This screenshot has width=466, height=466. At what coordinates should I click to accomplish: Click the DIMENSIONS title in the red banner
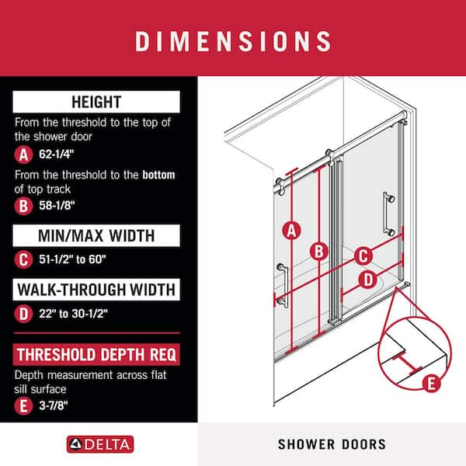tap(233, 41)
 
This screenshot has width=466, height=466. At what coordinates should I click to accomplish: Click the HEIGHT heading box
tap(96, 102)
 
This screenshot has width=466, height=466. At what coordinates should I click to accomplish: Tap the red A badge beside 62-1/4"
tap(23, 155)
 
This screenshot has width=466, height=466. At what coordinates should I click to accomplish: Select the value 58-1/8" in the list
tap(57, 205)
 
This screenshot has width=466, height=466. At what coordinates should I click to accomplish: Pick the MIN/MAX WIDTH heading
tap(96, 235)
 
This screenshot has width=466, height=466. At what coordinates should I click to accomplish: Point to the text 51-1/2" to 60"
tap(72, 259)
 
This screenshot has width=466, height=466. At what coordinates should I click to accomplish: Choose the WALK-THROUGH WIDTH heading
tap(96, 290)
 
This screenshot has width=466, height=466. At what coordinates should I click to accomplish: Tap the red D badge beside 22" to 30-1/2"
tap(23, 314)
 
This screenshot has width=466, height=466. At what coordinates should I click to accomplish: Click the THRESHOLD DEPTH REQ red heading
tap(96, 355)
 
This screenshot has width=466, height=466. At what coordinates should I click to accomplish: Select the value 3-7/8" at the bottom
tap(54, 405)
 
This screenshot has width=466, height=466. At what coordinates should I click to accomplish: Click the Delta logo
tap(100, 444)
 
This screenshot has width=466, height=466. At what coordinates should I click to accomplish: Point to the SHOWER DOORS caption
tap(332, 444)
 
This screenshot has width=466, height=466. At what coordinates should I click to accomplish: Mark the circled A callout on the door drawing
tap(291, 231)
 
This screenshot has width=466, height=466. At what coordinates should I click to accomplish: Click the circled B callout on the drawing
tap(319, 252)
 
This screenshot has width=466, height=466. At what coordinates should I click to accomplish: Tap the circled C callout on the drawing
tap(363, 256)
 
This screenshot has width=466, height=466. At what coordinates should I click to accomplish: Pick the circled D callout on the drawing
tap(368, 280)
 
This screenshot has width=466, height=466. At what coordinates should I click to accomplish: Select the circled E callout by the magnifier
tap(432, 384)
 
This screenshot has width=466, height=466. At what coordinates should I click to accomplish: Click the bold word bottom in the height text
tap(158, 175)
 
